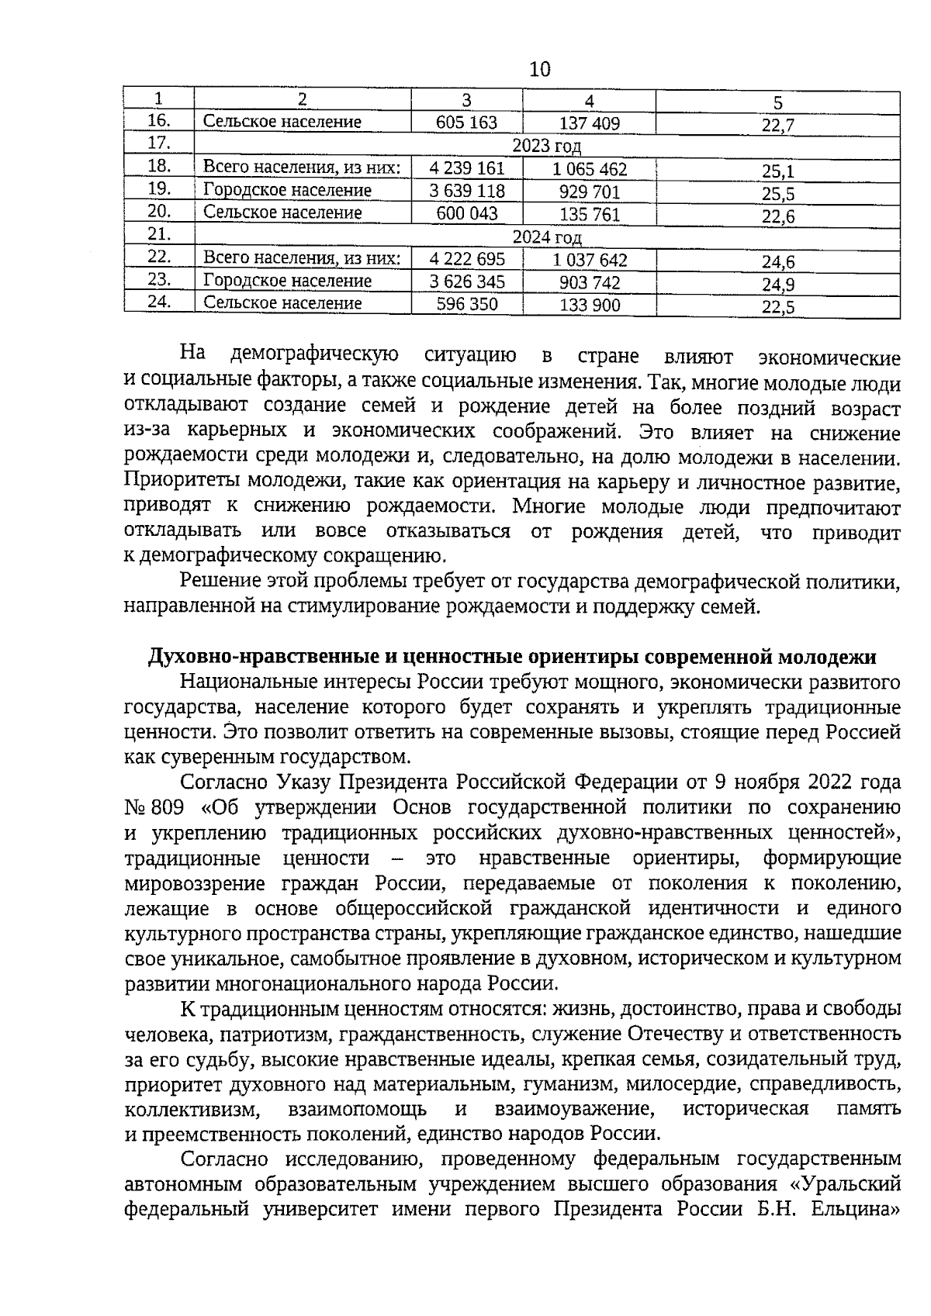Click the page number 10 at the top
click(x=540, y=70)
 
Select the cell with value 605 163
click(x=466, y=123)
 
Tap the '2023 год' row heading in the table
click(x=546, y=146)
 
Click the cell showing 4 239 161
click(x=466, y=168)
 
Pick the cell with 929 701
click(x=590, y=192)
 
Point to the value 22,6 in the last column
click(x=777, y=216)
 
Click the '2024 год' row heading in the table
click(x=546, y=237)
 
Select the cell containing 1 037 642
click(x=590, y=260)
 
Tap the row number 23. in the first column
click(x=159, y=280)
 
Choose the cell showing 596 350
click(x=466, y=304)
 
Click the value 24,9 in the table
click(x=777, y=284)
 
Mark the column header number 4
click(x=589, y=101)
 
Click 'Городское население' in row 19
click(x=287, y=191)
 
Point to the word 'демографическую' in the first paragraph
click(x=314, y=356)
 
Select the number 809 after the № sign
click(x=167, y=807)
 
